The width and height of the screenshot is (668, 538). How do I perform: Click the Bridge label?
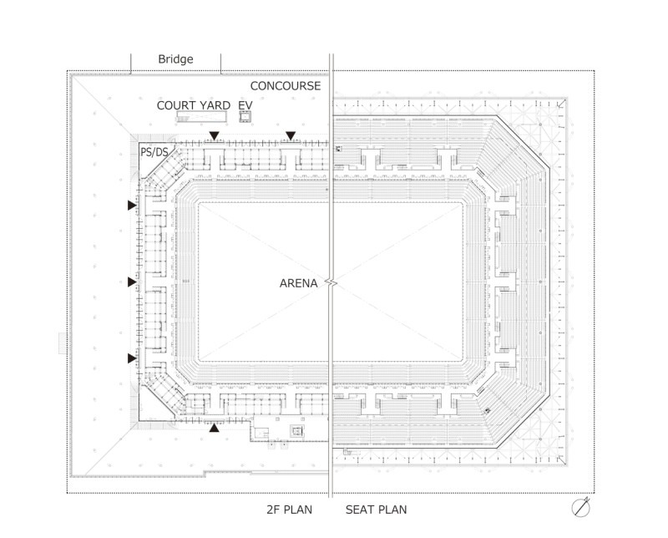click(175, 58)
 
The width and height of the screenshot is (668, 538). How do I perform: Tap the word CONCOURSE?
click(286, 86)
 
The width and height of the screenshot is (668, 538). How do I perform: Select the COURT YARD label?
click(194, 105)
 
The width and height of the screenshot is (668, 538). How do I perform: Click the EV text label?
click(245, 105)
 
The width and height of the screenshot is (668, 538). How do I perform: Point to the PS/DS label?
click(154, 152)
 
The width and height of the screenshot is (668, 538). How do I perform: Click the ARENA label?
click(298, 283)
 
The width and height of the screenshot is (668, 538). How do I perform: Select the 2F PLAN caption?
click(289, 510)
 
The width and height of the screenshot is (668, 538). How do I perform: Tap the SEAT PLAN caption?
click(377, 510)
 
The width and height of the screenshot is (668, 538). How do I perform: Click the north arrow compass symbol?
click(581, 507)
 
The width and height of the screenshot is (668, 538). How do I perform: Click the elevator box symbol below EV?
click(245, 117)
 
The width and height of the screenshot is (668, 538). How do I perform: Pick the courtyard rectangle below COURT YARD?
click(201, 117)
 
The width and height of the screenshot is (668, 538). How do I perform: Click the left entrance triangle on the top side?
click(214, 136)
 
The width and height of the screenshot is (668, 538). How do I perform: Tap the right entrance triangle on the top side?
click(291, 136)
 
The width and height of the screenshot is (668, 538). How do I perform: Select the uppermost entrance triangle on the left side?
click(132, 206)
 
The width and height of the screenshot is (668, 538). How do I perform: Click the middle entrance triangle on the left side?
click(132, 282)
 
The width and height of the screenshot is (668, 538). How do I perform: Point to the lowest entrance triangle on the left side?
click(132, 358)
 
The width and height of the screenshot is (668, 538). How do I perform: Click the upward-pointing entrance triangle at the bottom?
click(214, 428)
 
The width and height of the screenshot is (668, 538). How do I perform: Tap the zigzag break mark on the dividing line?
click(331, 282)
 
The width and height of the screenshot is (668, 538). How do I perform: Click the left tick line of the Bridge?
click(131, 64)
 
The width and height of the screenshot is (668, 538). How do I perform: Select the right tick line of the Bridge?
click(220, 64)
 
